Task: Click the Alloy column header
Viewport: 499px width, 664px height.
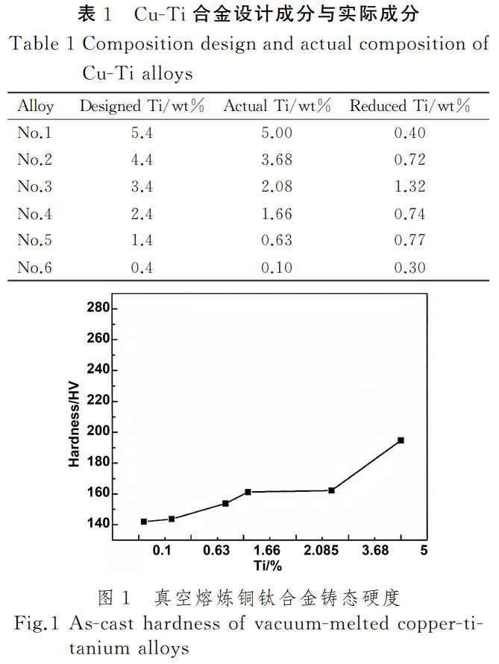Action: click(x=35, y=107)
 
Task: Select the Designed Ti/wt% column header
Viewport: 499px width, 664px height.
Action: click(x=142, y=107)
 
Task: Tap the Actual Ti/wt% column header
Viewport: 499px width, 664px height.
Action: click(x=277, y=107)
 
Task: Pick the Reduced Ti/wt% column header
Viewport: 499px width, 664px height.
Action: click(x=409, y=107)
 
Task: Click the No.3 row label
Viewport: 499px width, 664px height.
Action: click(x=35, y=187)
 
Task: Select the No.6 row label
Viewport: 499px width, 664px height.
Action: click(x=35, y=268)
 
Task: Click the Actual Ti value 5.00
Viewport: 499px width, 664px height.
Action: click(x=277, y=133)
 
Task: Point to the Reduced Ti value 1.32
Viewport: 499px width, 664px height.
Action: click(x=409, y=187)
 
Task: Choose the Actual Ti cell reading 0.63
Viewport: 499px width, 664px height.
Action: click(x=277, y=241)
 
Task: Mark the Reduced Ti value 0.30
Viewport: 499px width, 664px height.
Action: click(x=409, y=268)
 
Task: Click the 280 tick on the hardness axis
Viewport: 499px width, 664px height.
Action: click(x=98, y=309)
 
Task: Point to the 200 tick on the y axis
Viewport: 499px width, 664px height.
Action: click(x=98, y=432)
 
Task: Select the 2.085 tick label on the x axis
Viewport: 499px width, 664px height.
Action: click(x=321, y=551)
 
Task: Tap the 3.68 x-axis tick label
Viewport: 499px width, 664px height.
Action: click(x=374, y=551)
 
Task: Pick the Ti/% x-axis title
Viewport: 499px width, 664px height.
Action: click(x=267, y=566)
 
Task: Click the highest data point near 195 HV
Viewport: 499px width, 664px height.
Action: click(x=401, y=440)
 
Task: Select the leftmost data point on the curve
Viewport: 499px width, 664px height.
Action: click(x=144, y=522)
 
